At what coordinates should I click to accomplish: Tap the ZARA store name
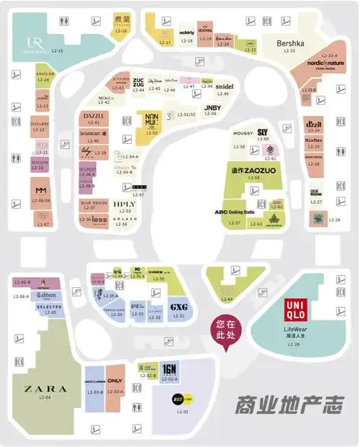point(45,389)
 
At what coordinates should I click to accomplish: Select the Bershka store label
point(290,44)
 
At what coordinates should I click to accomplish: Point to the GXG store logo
point(178,307)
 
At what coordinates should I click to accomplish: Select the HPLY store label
point(124,204)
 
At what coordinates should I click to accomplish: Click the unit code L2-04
point(45,397)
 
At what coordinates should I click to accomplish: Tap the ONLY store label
point(115,381)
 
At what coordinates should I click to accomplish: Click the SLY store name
point(262,132)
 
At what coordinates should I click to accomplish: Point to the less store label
point(99,219)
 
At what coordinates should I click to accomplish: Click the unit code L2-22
point(290,51)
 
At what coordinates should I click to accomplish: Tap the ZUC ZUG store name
point(138,83)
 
